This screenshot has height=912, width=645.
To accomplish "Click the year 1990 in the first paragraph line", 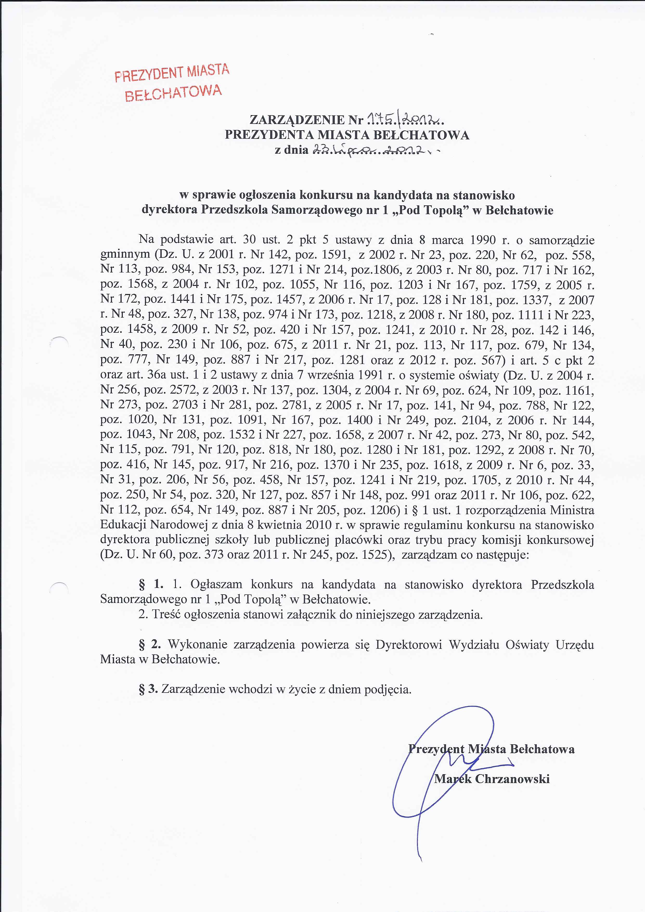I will click(483, 240).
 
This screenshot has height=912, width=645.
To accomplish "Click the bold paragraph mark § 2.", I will click(150, 644).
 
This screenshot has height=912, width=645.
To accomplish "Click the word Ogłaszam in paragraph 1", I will click(216, 584).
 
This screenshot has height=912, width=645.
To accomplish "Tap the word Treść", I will click(167, 615).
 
